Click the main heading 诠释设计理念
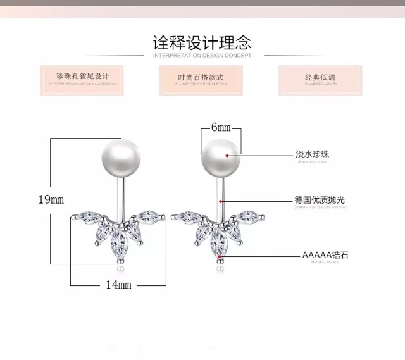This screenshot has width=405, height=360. [202, 43]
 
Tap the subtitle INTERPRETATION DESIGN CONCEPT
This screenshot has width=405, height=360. [202, 56]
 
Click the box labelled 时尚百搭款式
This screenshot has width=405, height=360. [201, 78]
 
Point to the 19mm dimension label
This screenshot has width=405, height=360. [51, 200]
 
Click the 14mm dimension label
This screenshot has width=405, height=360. [118, 285]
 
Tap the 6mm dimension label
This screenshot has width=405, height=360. [220, 127]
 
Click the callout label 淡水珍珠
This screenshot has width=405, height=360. [313, 154]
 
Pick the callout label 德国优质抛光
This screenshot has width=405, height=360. [320, 201]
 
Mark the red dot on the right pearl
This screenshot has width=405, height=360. [228, 154]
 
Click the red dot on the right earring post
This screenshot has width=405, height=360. [220, 201]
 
